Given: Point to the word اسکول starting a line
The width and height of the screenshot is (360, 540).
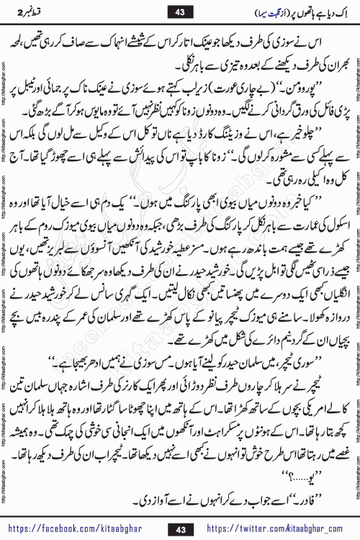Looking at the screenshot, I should [320, 237].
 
